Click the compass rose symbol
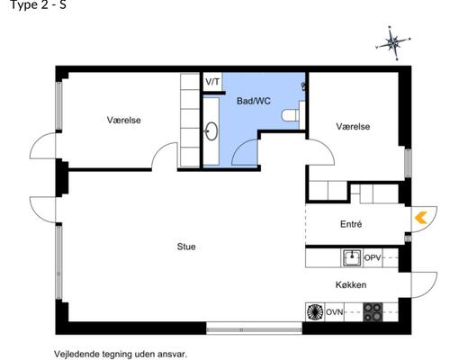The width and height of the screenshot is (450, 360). [x=393, y=41]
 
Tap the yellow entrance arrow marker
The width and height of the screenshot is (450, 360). [x=419, y=216]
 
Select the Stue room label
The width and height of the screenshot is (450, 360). [x=186, y=246]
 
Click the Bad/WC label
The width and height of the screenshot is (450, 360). [x=253, y=101]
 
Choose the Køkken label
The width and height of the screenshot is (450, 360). [x=351, y=284]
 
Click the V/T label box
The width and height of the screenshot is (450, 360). [x=212, y=82]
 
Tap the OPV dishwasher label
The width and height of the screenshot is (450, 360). [x=373, y=258]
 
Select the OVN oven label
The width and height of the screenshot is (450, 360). [x=335, y=312]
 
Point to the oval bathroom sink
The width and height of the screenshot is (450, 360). [x=211, y=131]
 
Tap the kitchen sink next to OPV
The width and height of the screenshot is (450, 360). [x=351, y=258]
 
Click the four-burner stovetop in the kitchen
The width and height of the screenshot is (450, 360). [x=372, y=312]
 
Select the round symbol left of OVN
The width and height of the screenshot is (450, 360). [x=315, y=312]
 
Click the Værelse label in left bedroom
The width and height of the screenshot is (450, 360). [x=124, y=120]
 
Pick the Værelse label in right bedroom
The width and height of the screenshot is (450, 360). [x=353, y=127]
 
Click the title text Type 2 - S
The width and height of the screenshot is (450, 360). [x=33, y=5]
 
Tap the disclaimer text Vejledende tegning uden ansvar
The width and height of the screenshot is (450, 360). [x=121, y=354]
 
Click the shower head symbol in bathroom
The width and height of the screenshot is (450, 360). [x=303, y=86]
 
